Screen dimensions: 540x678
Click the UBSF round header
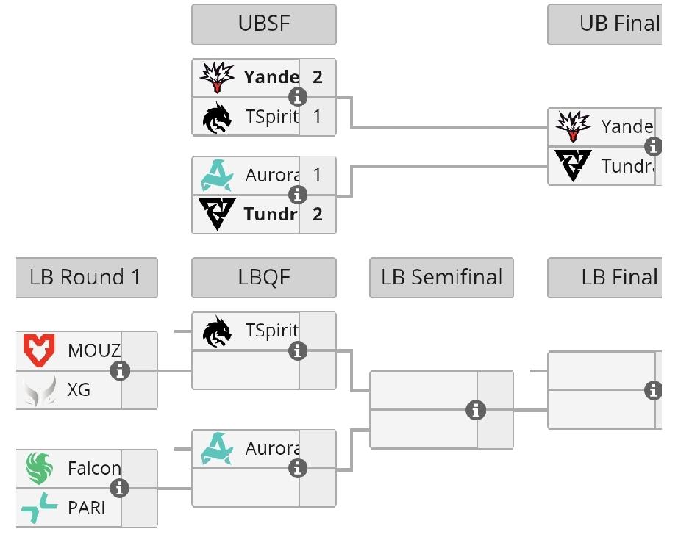pos(264,24)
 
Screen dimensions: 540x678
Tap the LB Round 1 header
pos(86,278)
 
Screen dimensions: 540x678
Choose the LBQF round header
pos(264,278)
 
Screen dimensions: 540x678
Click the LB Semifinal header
pos(441,278)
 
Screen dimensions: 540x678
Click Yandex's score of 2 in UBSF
pos(318,77)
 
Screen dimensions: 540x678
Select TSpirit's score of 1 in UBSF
pos(318,117)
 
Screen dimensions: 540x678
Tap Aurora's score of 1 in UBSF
pos(318,176)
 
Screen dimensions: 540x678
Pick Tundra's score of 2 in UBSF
pos(318,215)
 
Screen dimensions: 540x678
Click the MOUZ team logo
pos(39,350)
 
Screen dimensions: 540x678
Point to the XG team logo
pos(39,390)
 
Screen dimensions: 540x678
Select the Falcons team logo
pos(39,468)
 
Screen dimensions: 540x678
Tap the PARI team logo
pos(39,508)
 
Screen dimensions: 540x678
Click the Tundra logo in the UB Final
pos(573,166)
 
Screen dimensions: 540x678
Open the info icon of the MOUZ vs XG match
pos(120,371)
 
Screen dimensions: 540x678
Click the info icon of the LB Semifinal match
pos(477,410)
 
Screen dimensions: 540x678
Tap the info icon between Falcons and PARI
pos(120,488)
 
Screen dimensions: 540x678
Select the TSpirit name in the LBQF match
pos(271,331)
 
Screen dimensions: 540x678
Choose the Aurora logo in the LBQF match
pos(217,449)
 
